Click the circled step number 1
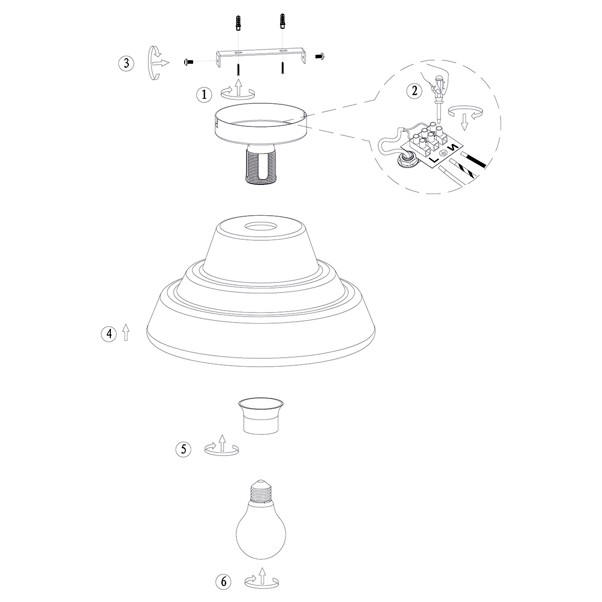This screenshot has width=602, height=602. click(204, 94)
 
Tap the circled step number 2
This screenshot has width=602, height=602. click(414, 91)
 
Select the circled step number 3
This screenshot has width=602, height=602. click(126, 63)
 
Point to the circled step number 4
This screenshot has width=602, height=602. click(109, 334)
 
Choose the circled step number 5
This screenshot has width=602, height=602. click(184, 449)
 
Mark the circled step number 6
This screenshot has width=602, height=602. click(224, 581)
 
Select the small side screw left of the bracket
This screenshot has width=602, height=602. click(189, 62)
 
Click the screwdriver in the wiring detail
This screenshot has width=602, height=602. click(439, 100)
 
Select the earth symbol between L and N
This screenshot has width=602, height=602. click(443, 153)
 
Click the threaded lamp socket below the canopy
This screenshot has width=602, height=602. click(260, 164)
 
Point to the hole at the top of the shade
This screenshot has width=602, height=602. click(260, 226)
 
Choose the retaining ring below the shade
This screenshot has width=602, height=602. click(261, 416)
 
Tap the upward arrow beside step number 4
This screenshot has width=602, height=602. click(125, 332)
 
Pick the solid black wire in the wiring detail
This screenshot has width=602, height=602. click(474, 160)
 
